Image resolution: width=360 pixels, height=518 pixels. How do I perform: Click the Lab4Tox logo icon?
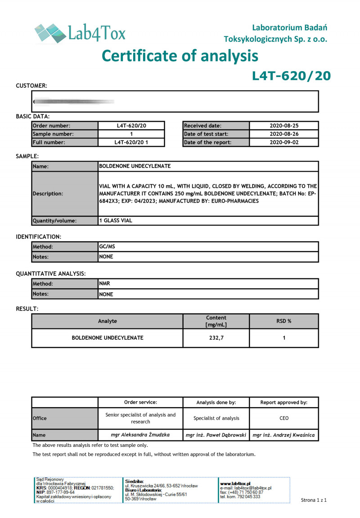coord(49,33)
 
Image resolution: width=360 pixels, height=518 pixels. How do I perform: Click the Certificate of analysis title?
coord(180,56)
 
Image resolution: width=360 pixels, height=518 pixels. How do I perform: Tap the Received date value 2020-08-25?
coord(284,126)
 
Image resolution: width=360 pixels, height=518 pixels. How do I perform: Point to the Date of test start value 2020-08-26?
coord(284,134)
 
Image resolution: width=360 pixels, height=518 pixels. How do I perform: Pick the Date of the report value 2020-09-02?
coord(284,142)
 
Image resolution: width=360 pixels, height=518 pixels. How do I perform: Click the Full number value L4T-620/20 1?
coord(131,142)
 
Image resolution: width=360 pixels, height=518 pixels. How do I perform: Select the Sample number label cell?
coord(65,134)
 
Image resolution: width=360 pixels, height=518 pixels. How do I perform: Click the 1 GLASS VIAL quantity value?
coord(116,221)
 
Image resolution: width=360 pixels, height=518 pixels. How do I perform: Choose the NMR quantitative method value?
coord(105,283)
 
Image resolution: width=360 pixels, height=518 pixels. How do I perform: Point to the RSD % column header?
coord(284,321)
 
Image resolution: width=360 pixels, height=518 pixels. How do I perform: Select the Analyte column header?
coord(108,321)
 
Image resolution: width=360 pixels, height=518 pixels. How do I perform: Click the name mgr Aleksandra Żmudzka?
coord(140,435)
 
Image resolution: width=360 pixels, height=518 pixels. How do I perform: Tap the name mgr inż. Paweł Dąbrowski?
coord(216,435)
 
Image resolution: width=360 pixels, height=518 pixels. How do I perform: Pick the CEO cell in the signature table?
coord(284,418)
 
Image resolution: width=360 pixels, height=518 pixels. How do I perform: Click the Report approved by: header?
coord(284,402)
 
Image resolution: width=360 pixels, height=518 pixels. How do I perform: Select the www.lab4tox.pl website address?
coord(235,483)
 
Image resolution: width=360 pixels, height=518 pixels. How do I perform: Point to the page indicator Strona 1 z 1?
coord(314,500)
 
